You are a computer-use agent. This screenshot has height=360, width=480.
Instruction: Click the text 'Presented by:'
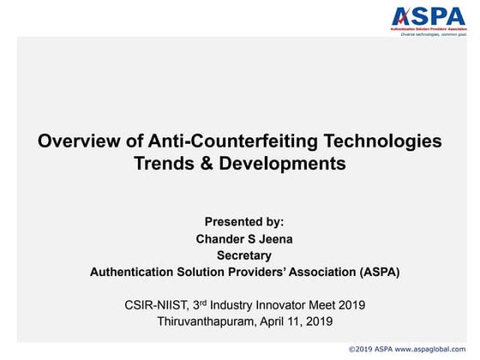coord(243,221)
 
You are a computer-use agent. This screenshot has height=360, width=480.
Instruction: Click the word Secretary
coord(244,255)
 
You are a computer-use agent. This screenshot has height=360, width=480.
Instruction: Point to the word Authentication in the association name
coord(137,273)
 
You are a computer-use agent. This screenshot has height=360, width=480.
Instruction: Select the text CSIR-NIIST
coord(154,304)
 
